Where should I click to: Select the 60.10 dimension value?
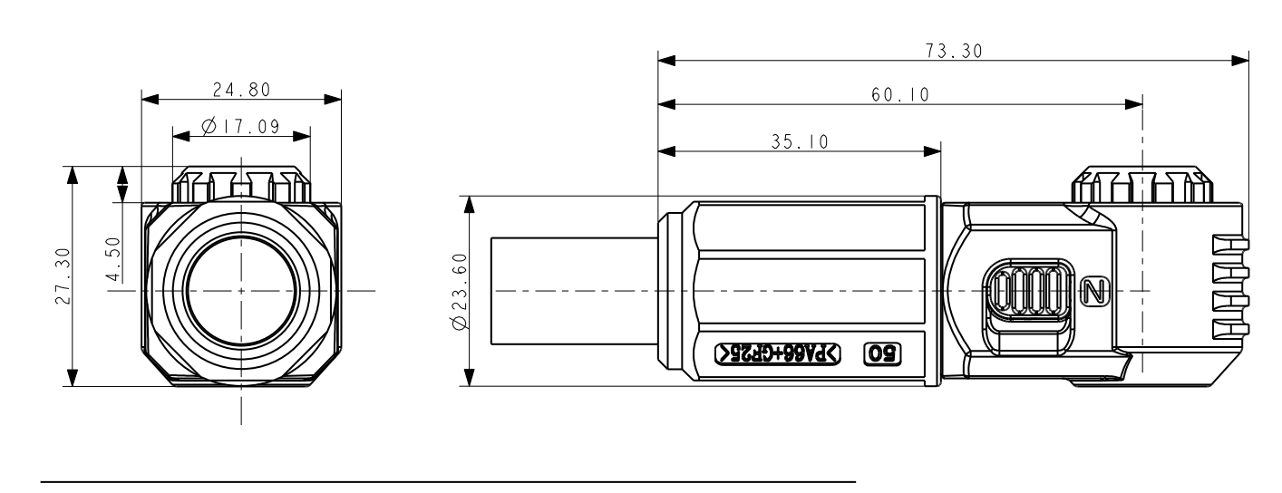(900, 94)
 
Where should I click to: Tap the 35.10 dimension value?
(798, 141)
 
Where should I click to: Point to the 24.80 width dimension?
(241, 89)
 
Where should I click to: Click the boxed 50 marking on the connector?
(883, 353)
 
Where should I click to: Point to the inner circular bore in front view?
(241, 291)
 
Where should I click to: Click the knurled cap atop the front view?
(241, 185)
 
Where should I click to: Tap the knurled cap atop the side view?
(1141, 186)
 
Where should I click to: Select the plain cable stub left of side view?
(572, 291)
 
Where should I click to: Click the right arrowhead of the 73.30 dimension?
(1241, 62)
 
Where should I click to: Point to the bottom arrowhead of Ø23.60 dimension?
(470, 379)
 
